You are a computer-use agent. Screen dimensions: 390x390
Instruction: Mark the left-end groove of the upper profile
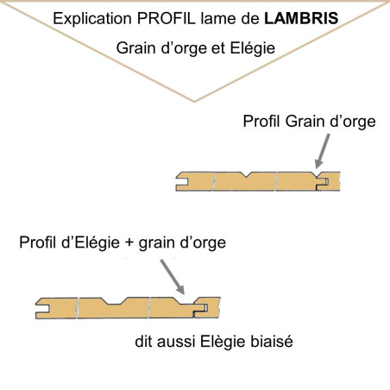click(182, 182)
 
